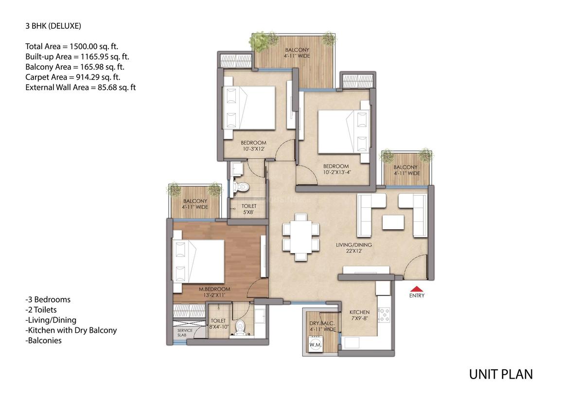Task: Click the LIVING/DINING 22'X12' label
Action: (x=353, y=248)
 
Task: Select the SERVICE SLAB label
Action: (x=185, y=333)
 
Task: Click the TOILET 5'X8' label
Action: (x=249, y=209)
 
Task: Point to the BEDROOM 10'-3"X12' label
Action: (x=254, y=145)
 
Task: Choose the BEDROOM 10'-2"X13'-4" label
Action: (x=336, y=169)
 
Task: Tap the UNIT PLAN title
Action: (x=500, y=374)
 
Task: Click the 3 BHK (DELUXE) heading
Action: (x=53, y=25)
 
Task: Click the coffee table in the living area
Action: (x=393, y=222)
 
